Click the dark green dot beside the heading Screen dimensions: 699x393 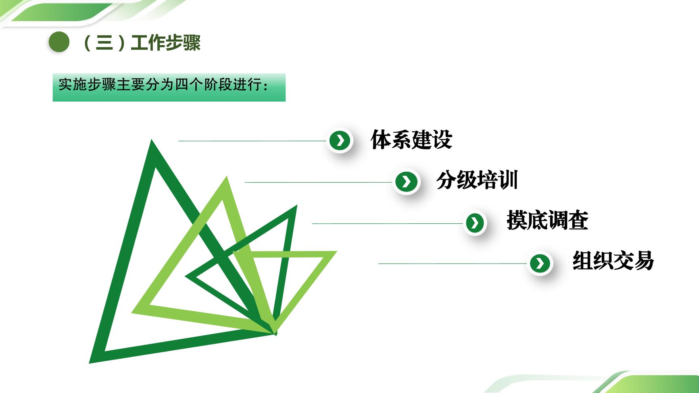pyautogui.click(x=59, y=42)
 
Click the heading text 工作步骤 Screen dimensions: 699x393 pyautogui.click(x=166, y=42)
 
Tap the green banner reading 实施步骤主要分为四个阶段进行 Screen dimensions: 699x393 pyautogui.click(x=169, y=87)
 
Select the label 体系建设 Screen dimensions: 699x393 pyautogui.click(x=411, y=139)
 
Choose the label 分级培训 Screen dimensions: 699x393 pyautogui.click(x=477, y=180)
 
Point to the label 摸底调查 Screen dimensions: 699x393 pyautogui.click(x=548, y=220)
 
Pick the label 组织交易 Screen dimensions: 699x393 pyautogui.click(x=613, y=260)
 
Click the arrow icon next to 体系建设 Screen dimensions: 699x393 pyautogui.click(x=340, y=141)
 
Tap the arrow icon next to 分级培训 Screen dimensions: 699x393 pyautogui.click(x=406, y=181)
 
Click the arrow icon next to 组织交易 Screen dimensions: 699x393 pyautogui.click(x=540, y=263)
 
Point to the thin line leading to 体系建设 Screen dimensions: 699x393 pyautogui.click(x=252, y=141)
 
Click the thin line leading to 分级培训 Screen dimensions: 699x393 pyautogui.click(x=318, y=182)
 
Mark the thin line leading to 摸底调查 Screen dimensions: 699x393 pyautogui.click(x=387, y=223)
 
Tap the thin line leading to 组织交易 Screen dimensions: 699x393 pyautogui.click(x=453, y=264)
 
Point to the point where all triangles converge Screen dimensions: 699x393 pyautogui.click(x=275, y=333)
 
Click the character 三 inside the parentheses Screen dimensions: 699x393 pyautogui.click(x=104, y=43)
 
